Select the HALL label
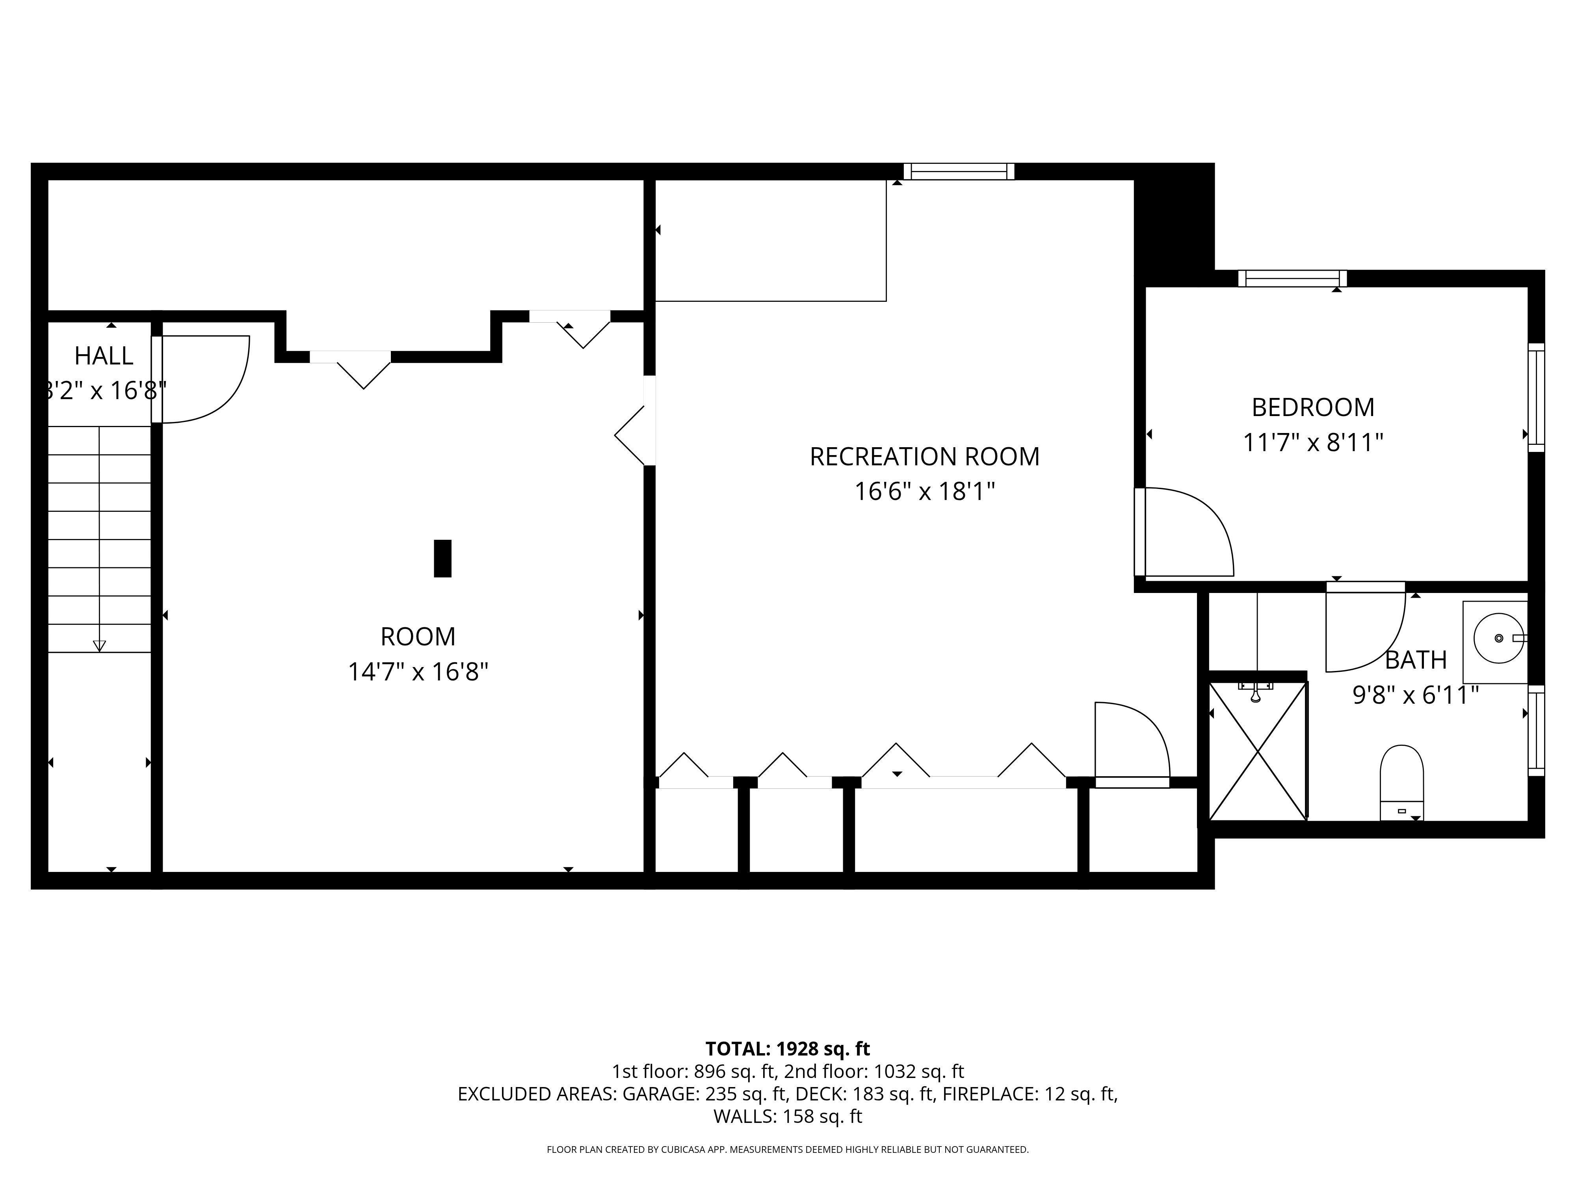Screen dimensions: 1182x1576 (104, 355)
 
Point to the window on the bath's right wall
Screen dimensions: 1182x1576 (1536, 730)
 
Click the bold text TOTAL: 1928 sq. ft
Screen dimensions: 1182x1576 (787, 1049)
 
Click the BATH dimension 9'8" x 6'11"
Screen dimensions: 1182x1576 (1415, 695)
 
